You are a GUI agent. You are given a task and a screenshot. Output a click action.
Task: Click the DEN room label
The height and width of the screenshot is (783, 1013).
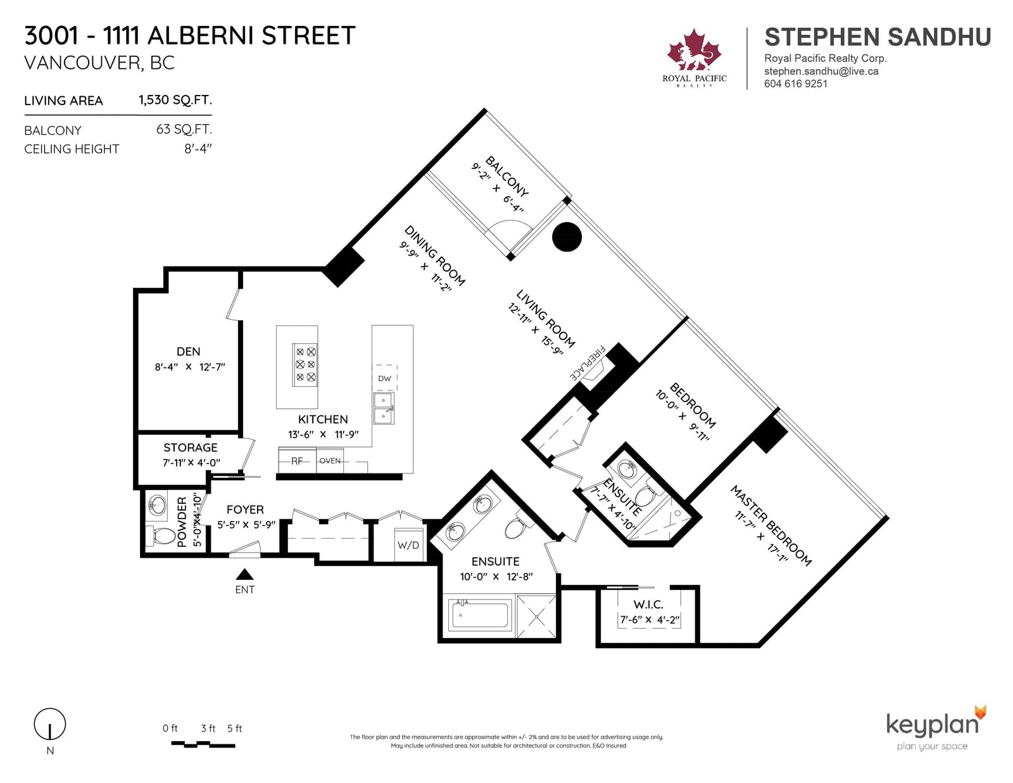pyautogui.click(x=188, y=351)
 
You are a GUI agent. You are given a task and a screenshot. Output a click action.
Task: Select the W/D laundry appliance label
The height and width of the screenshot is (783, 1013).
pyautogui.click(x=408, y=545)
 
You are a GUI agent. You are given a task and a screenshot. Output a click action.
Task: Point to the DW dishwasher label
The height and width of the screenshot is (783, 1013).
pyautogui.click(x=384, y=379)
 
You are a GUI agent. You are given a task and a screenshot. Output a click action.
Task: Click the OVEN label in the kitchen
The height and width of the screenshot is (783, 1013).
pyautogui.click(x=330, y=461)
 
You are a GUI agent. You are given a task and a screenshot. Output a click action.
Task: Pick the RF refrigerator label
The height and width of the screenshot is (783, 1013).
pyautogui.click(x=297, y=461)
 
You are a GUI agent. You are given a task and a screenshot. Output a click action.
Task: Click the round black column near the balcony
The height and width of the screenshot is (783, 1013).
pyautogui.click(x=567, y=237)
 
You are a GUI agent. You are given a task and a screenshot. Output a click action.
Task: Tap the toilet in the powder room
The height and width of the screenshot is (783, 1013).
pyautogui.click(x=158, y=536)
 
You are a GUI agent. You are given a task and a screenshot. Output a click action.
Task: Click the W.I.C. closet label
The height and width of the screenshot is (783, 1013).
pyautogui.click(x=648, y=604)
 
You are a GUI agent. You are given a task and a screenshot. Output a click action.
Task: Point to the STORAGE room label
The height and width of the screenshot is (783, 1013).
pyautogui.click(x=190, y=448)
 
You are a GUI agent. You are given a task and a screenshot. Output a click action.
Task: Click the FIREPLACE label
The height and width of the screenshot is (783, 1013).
pyautogui.click(x=588, y=363)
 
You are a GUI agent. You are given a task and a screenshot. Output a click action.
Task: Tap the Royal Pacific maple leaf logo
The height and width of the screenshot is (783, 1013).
pyautogui.click(x=695, y=51)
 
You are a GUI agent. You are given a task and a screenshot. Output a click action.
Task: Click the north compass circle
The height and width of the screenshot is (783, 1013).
pyautogui.click(x=50, y=723)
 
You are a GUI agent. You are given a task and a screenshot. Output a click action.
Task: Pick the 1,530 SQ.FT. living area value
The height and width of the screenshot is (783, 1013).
pyautogui.click(x=175, y=100)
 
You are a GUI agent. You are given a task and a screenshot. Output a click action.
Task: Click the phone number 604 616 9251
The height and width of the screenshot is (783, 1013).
pyautogui.click(x=796, y=84)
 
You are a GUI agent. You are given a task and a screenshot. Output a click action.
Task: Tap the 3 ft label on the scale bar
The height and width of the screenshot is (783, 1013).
pyautogui.click(x=208, y=729)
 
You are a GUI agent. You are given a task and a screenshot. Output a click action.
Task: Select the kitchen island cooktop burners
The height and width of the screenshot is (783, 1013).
pyautogui.click(x=305, y=365)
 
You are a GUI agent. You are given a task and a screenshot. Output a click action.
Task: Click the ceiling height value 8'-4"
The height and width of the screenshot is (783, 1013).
pyautogui.click(x=198, y=149)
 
